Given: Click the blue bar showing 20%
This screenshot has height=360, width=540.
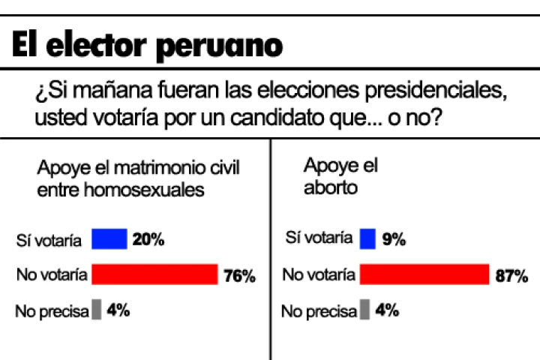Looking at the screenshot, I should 109,239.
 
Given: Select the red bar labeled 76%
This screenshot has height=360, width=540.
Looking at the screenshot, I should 154,274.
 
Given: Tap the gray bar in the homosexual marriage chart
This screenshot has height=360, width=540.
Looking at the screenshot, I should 96,309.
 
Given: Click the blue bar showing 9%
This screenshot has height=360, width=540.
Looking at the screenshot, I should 367,238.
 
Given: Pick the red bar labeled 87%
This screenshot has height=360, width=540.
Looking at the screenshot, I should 424,274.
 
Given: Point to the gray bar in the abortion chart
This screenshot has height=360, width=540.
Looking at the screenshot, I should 364,309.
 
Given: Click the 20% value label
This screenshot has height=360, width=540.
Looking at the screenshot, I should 148,240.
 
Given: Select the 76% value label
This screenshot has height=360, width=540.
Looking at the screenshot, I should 239,275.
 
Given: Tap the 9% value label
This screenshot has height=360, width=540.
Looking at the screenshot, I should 393,239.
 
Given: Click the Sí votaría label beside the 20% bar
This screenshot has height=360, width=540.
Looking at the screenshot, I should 49,240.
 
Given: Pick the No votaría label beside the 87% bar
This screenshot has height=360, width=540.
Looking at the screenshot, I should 318,274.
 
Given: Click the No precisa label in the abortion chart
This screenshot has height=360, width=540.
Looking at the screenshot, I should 319,310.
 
